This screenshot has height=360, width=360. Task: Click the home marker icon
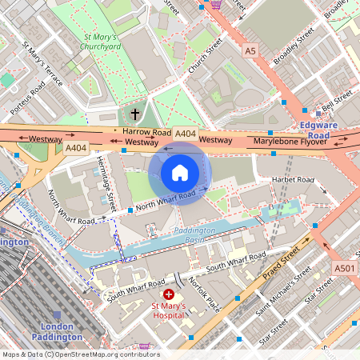pos(180,172)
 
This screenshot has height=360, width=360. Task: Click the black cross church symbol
pos(134,114)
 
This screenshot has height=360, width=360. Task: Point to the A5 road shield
pos(251,50)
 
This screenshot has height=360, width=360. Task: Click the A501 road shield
pos(343,268)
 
